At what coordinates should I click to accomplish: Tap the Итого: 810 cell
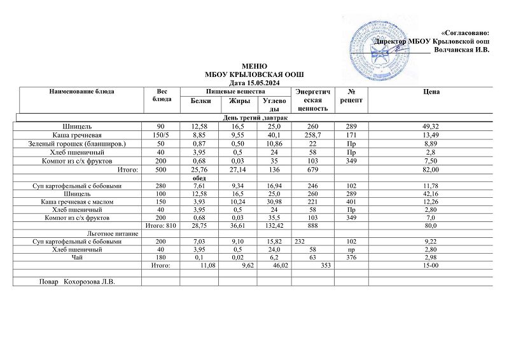(161, 225)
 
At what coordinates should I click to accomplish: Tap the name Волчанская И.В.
(461, 50)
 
